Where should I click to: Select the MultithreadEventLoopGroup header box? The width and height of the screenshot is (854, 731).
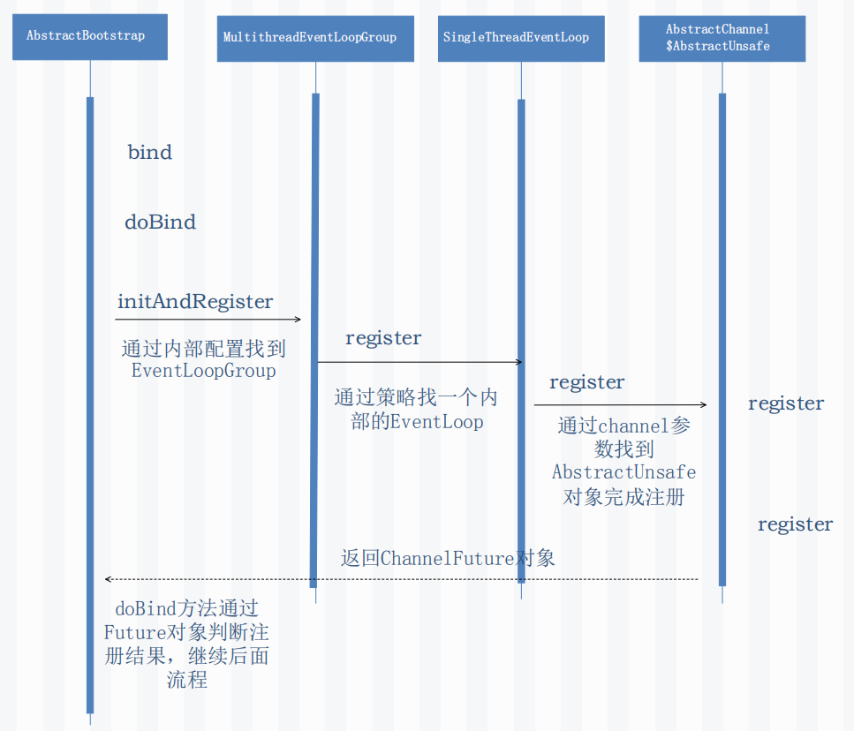315,38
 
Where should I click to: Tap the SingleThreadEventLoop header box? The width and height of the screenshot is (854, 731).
521,38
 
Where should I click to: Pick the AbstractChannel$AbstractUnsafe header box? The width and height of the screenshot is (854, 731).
722,38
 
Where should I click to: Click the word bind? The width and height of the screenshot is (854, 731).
149,153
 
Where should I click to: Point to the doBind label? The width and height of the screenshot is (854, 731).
160,222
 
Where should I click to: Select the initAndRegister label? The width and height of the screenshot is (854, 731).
195,302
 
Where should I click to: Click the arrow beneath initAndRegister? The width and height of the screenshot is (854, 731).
208,320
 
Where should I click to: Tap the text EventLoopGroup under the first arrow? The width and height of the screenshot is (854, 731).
203,371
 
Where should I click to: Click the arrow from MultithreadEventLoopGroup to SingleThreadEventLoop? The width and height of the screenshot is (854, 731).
419,362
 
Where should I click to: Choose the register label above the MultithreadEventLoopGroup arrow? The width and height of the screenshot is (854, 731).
383,338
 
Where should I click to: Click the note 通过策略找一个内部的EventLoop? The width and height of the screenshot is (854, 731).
416,410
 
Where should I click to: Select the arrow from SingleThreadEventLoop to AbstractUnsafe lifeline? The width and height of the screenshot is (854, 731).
620,404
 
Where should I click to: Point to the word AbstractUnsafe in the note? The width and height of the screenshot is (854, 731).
623,472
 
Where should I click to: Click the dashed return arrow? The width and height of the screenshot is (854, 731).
402,579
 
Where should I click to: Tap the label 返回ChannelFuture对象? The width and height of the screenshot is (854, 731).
448,558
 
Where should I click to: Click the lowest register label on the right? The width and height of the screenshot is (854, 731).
795,524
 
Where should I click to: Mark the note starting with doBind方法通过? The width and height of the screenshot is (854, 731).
186,644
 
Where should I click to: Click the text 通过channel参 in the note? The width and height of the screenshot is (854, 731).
623,426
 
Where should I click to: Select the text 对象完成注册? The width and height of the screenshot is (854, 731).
623,497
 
